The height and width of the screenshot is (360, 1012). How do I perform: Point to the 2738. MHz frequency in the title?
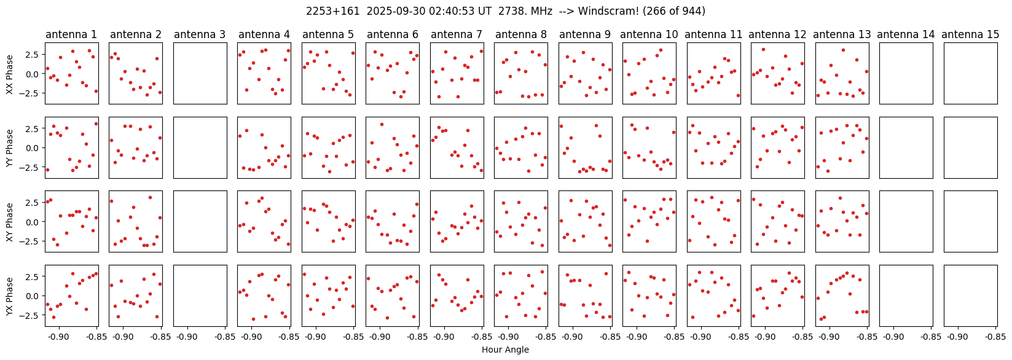(x=525, y=11)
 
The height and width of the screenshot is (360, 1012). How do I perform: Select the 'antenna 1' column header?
(x=71, y=34)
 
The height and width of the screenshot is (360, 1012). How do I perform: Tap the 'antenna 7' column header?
(x=457, y=34)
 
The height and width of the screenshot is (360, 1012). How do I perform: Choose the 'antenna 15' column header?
(x=970, y=34)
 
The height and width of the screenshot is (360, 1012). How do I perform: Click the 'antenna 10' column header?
(x=649, y=34)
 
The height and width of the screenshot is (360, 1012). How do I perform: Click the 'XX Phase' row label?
(x=9, y=74)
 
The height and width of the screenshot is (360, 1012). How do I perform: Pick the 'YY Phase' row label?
(x=9, y=148)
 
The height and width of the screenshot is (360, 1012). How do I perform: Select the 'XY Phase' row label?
(x=9, y=222)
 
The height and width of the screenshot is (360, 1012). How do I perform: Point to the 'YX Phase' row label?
(x=9, y=296)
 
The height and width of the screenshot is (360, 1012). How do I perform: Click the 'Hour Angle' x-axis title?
(x=505, y=349)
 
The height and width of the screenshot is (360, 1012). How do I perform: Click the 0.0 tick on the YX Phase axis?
(x=33, y=296)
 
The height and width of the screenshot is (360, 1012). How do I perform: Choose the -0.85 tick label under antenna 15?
(x=994, y=337)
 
